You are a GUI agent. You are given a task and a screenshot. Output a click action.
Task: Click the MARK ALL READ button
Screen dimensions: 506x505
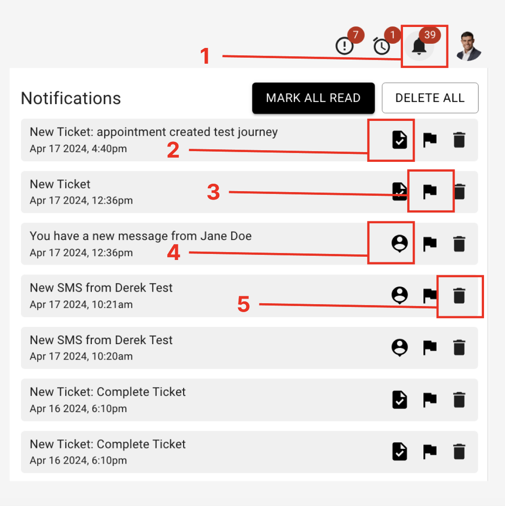[313, 98]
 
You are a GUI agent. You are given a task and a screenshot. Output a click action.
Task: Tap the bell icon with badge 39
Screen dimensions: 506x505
[419, 47]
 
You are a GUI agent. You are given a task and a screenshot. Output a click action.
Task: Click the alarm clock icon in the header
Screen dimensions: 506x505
[382, 47]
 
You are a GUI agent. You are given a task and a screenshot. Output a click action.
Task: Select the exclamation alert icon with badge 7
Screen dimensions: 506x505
[345, 46]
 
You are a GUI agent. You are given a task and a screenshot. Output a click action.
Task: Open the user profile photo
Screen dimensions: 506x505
[468, 46]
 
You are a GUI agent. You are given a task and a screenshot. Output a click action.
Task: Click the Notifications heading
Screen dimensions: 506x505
[71, 99]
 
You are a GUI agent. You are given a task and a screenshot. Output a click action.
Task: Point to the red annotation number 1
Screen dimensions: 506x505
[205, 57]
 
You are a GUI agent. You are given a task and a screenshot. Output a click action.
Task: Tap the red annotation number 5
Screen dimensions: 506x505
[244, 305]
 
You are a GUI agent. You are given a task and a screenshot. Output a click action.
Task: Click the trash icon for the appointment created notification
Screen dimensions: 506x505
[459, 140]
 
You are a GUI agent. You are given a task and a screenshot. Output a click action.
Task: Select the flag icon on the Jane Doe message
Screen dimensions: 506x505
[430, 244]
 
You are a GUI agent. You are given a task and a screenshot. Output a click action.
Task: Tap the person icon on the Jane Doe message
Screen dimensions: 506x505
[400, 244]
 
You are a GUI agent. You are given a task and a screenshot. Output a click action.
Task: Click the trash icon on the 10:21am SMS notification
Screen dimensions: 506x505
[459, 296]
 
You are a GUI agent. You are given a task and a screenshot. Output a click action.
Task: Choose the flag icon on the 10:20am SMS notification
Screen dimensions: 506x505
[430, 347]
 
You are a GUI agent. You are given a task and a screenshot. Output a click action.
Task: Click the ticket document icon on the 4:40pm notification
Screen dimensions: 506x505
[400, 140]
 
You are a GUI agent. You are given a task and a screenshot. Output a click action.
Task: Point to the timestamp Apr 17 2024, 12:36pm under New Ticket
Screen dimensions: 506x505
[81, 201]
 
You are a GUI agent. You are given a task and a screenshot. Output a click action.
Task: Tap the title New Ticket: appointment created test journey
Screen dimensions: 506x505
[154, 132]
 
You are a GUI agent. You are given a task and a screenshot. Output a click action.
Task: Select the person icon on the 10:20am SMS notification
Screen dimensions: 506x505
[400, 347]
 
